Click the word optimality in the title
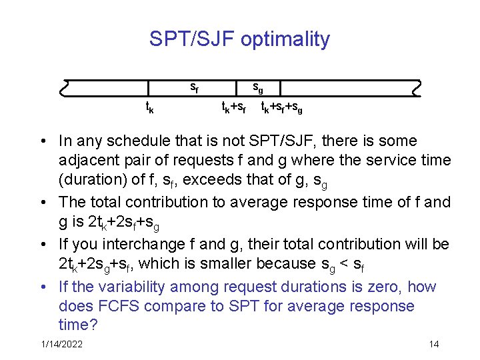click(285, 39)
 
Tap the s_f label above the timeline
click(194, 86)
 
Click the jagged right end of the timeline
click(417, 88)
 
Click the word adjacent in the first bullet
click(87, 161)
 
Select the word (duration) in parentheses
click(91, 180)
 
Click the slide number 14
click(434, 345)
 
